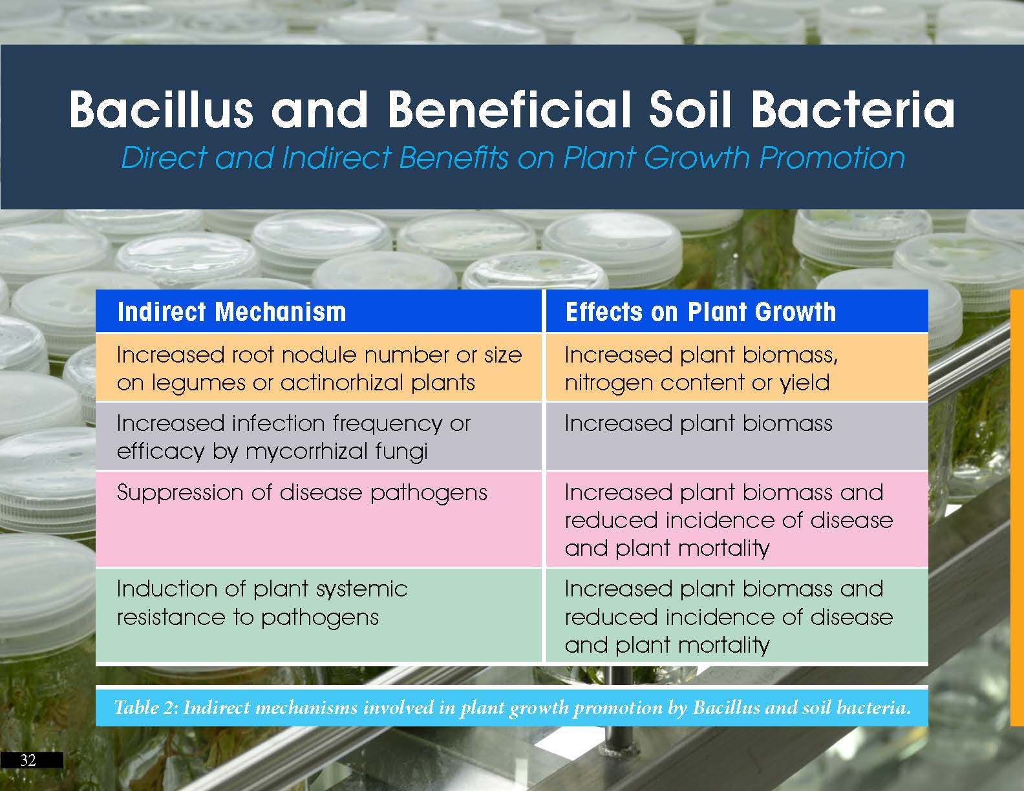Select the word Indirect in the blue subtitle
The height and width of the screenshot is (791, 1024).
(x=336, y=157)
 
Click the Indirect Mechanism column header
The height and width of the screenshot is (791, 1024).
(x=232, y=312)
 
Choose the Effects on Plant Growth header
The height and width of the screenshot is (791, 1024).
(x=700, y=312)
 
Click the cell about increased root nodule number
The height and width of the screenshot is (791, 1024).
(x=319, y=368)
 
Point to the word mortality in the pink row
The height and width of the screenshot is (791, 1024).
(x=724, y=548)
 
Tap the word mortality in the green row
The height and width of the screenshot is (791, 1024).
(x=724, y=644)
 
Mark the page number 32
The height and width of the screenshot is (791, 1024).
(x=28, y=760)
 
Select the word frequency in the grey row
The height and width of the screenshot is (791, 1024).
(x=387, y=424)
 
